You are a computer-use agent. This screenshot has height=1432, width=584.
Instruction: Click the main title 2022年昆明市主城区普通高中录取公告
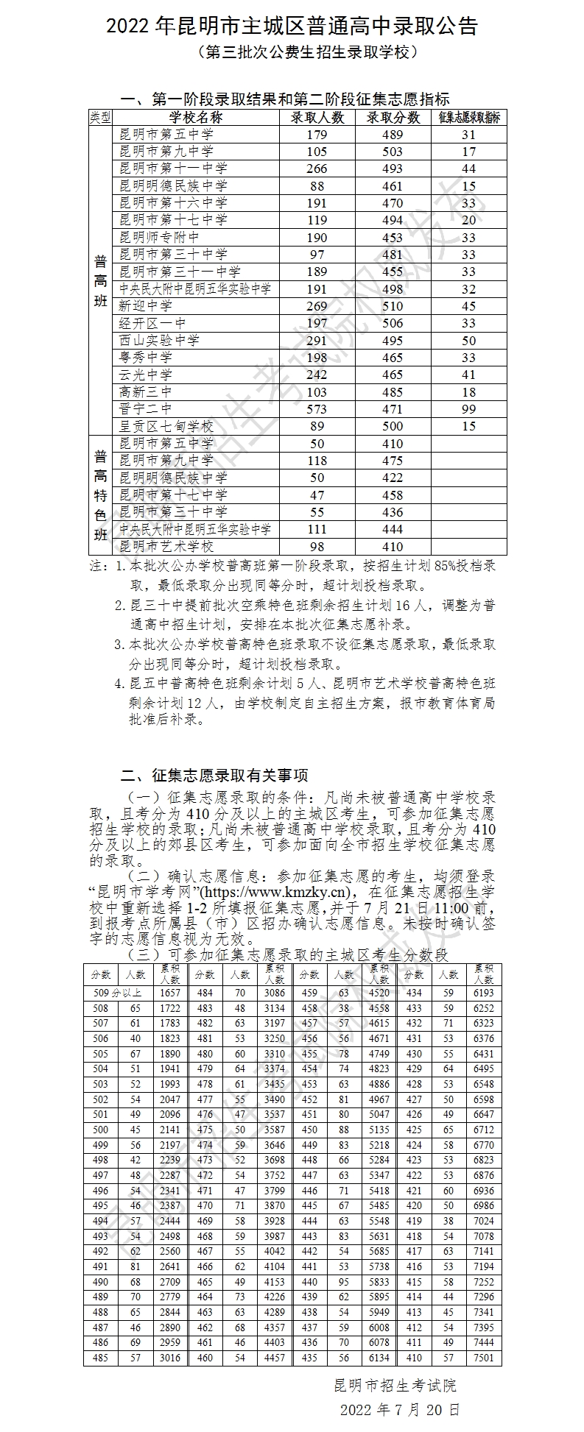(292, 26)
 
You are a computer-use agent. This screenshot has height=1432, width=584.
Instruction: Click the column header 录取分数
(393, 118)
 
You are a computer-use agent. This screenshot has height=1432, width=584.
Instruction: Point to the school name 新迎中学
(146, 306)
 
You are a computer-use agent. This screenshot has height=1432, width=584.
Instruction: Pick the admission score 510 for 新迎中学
(393, 306)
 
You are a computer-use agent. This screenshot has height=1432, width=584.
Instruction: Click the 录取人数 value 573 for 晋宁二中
(316, 409)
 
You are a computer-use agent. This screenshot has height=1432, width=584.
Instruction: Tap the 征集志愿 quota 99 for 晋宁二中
(468, 409)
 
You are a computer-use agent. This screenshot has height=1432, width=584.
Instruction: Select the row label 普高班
(101, 280)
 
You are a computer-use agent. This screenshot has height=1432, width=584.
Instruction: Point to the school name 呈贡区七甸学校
(166, 426)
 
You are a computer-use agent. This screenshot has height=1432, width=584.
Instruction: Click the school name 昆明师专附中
(159, 238)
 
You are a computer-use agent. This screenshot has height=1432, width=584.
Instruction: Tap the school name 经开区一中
(152, 323)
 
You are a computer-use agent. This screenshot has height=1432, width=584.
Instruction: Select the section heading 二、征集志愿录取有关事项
(214, 775)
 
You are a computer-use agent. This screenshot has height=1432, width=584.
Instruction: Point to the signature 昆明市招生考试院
(395, 1386)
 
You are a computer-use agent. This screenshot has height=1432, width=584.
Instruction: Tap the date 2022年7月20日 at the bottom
(400, 1410)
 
